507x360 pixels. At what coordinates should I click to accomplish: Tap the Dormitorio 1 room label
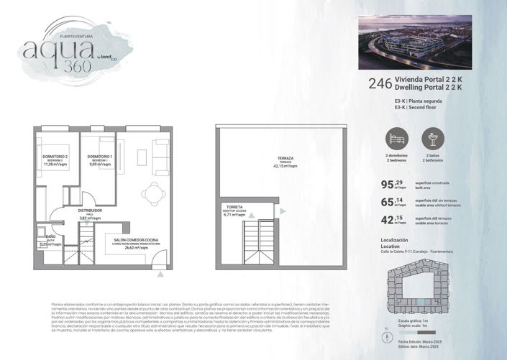(x=100, y=159)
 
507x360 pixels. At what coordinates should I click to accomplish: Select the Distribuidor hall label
(x=91, y=213)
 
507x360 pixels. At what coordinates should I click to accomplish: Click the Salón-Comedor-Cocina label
(x=136, y=242)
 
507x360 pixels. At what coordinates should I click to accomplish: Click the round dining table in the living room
(x=151, y=193)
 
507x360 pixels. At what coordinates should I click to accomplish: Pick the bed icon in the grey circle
(x=395, y=139)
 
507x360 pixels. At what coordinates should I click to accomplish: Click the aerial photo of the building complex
(x=414, y=42)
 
